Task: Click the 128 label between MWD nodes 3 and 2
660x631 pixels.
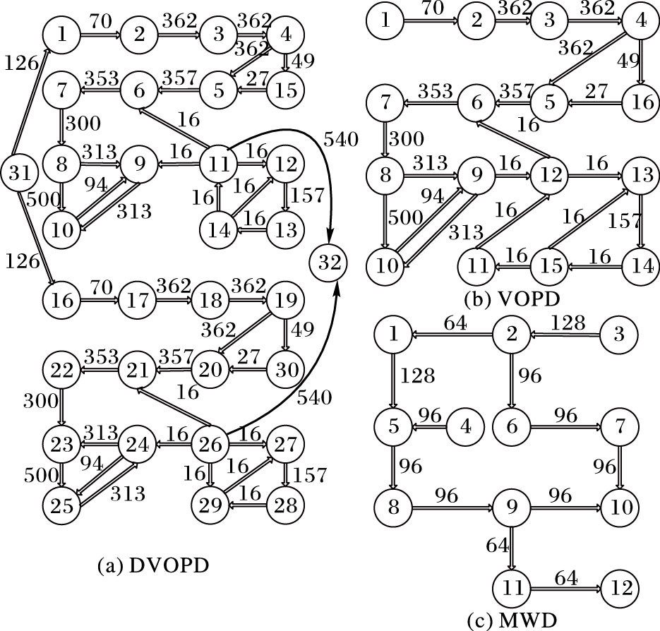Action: click(x=568, y=323)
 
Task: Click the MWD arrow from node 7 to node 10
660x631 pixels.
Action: click(x=620, y=467)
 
